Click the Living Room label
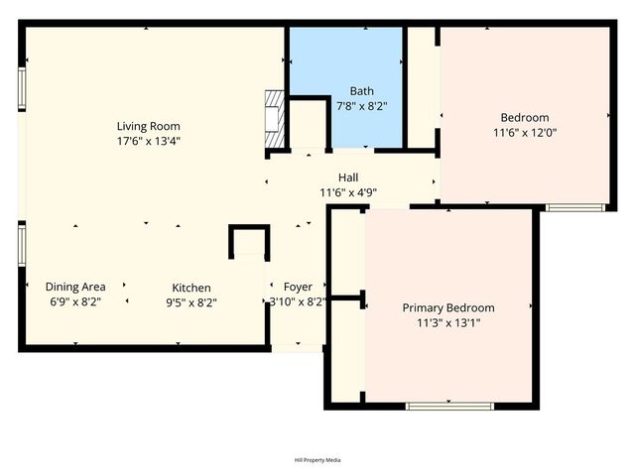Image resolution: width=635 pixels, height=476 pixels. (149, 126)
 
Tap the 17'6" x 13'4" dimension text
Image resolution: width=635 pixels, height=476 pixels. (149, 141)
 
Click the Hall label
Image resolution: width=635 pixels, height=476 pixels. (348, 178)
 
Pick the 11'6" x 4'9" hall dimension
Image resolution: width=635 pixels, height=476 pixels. (348, 192)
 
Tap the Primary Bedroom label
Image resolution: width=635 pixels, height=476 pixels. (447, 307)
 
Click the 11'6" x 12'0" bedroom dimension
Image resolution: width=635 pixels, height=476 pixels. (525, 132)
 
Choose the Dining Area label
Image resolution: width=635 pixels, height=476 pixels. (77, 287)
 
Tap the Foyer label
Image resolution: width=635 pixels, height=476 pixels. (298, 287)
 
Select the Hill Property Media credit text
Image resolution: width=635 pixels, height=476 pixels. (317, 460)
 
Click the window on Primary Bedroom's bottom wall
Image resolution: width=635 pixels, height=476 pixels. (449, 405)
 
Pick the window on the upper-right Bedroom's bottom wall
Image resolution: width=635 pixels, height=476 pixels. (575, 207)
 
